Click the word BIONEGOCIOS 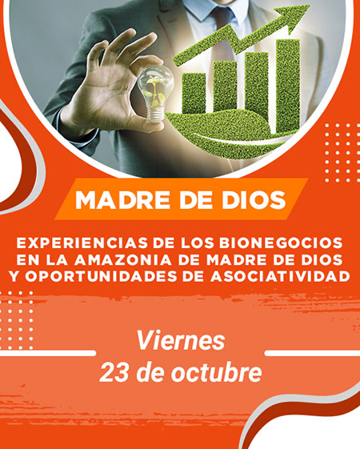pos(281,243)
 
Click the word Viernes pos(181,340)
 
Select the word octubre pos(216,372)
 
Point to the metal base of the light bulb pos(156,114)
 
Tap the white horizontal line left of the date pos(47,353)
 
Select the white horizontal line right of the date pos(312,353)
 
